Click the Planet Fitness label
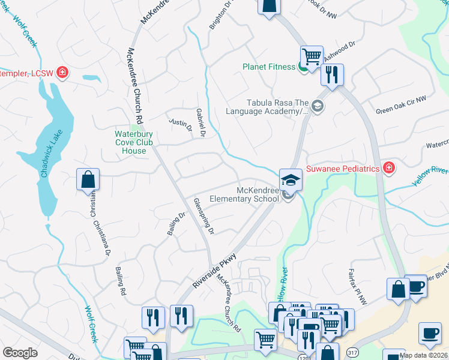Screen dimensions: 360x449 (x=268, y=67)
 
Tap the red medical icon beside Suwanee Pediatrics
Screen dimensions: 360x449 (x=389, y=168)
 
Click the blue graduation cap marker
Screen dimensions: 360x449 (x=291, y=179)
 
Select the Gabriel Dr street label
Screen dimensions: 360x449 (x=201, y=122)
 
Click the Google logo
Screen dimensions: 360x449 (x=20, y=353)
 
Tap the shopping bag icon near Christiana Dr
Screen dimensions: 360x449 (x=88, y=179)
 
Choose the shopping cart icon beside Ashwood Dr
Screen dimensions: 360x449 (x=312, y=57)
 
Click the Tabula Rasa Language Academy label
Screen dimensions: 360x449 (x=267, y=107)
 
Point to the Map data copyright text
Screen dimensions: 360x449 (x=423, y=355)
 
